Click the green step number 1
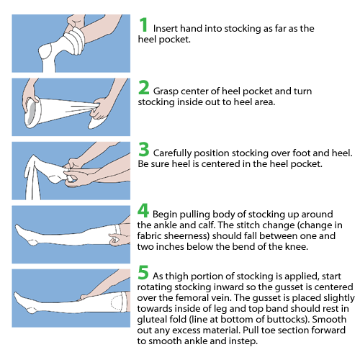click(144, 25)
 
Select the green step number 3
click(144, 153)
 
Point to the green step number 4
click(144, 212)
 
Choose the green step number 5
click(144, 274)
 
